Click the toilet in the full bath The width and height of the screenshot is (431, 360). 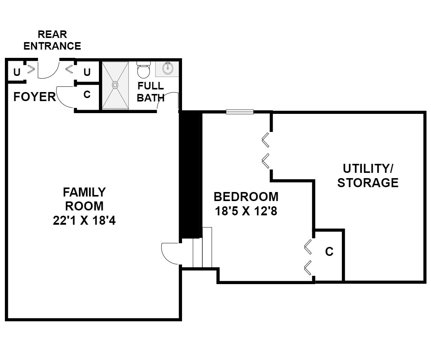point(144,69)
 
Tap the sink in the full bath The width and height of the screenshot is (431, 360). point(167,68)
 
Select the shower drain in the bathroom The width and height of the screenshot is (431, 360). point(115,85)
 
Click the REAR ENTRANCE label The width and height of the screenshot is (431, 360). point(52,40)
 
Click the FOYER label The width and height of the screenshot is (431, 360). point(34,97)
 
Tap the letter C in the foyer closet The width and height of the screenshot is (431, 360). point(87,94)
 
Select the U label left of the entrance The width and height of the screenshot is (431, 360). point(17,72)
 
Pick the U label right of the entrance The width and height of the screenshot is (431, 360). point(87,72)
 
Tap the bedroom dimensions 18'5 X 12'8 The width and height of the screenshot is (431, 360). point(246,211)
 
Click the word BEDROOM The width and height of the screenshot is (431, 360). point(246,197)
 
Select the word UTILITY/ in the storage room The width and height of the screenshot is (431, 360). point(368,168)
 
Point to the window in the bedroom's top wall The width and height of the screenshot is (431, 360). point(240,112)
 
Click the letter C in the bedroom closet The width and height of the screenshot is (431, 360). point(329,251)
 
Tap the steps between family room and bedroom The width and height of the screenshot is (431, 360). point(202,247)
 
